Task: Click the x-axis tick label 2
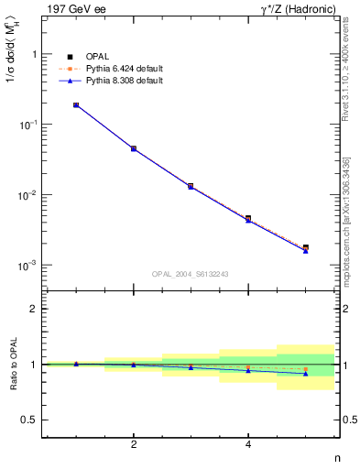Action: [x=134, y=445]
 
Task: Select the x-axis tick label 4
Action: [x=248, y=445]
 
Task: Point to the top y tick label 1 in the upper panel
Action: [x=33, y=54]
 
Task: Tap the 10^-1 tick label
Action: [x=28, y=125]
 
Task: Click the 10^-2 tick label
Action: [x=28, y=195]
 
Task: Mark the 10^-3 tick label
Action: [x=28, y=266]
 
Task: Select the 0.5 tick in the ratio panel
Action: [x=29, y=420]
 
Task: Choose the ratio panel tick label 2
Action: [x=34, y=310]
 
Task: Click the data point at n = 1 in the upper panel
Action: [x=76, y=105]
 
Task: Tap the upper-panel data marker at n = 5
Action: [x=305, y=248]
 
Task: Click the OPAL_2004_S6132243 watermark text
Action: [x=191, y=274]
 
